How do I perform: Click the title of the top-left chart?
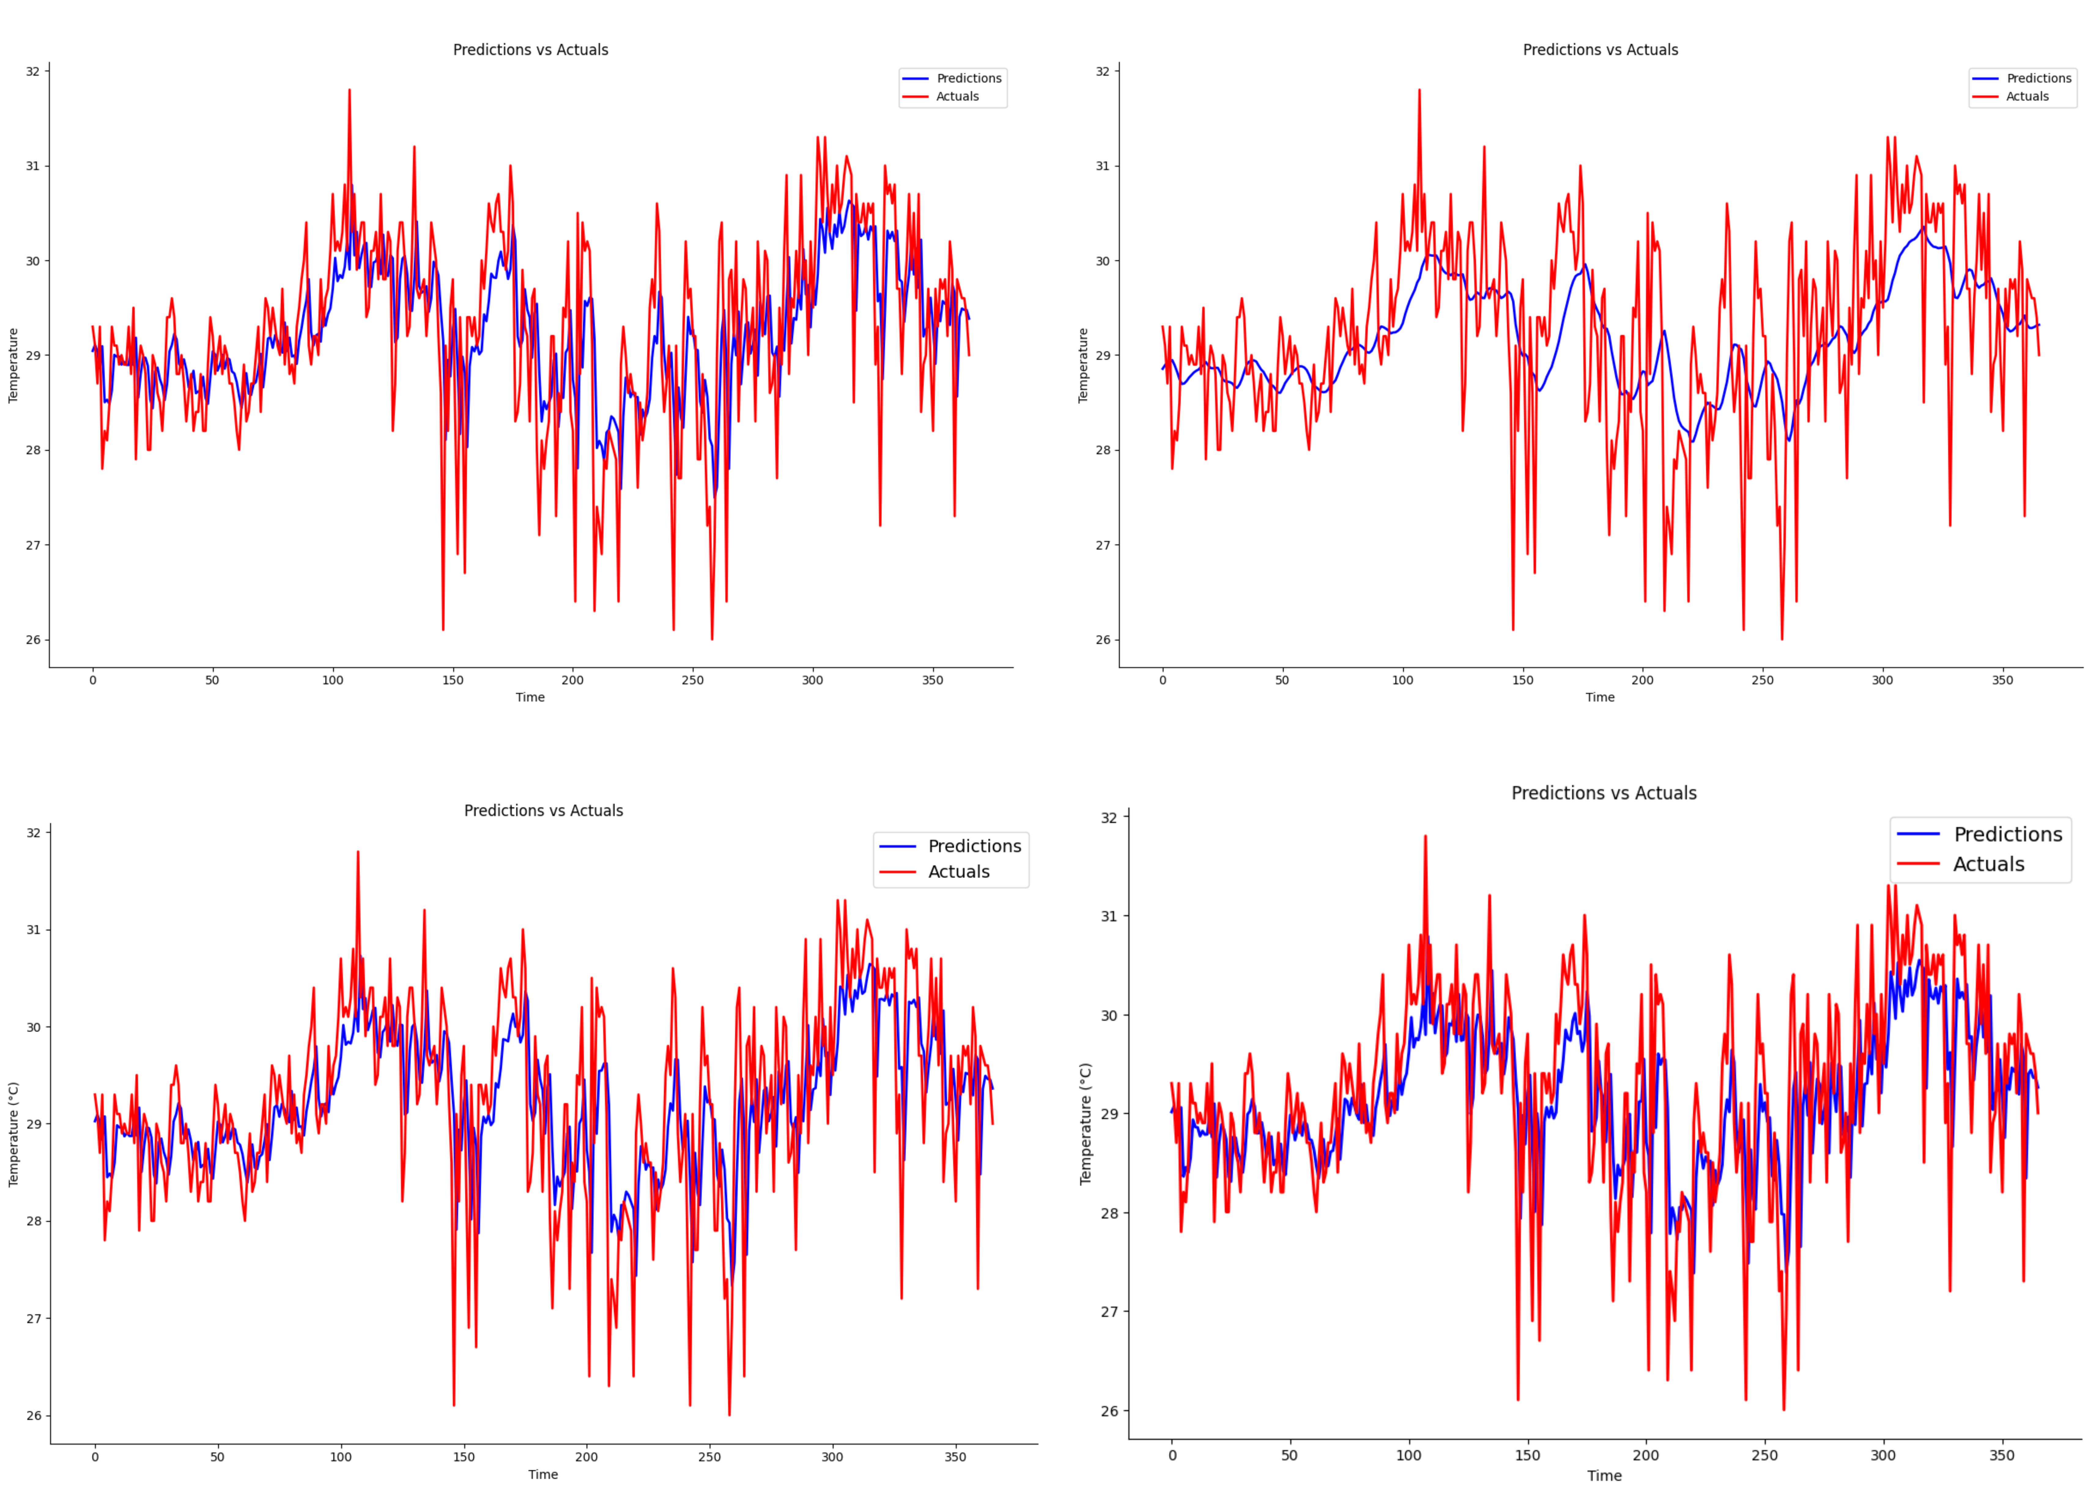(x=531, y=50)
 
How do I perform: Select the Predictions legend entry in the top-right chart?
(x=2038, y=78)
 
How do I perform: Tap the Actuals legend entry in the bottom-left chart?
(x=958, y=872)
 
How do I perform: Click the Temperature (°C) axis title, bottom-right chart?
(x=1086, y=1123)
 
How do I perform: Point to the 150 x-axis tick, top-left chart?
(x=452, y=680)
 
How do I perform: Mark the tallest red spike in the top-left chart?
(x=350, y=90)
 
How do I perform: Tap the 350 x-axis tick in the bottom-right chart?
(x=2002, y=1455)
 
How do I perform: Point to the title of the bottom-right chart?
(x=1604, y=792)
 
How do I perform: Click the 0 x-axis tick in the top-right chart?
(x=1162, y=680)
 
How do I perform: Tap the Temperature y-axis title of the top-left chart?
(x=13, y=365)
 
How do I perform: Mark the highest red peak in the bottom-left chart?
(x=358, y=851)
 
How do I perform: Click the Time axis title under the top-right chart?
(x=1600, y=697)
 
